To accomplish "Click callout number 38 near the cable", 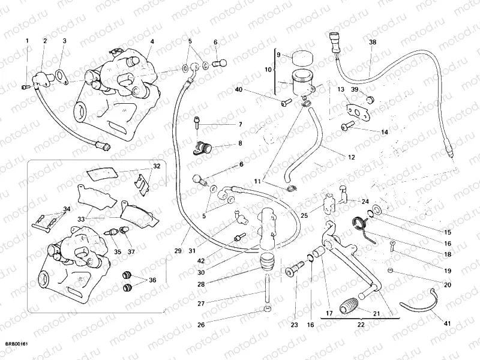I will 373,43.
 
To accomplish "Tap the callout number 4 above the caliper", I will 152,41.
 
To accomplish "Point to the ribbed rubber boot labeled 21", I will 347,305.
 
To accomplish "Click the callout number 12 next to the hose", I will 352,158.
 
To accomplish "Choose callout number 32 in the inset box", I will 157,166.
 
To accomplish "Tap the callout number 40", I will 239,90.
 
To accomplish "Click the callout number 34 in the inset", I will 66,209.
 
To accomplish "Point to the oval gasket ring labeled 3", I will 61,75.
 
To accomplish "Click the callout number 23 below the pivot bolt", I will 294,325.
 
